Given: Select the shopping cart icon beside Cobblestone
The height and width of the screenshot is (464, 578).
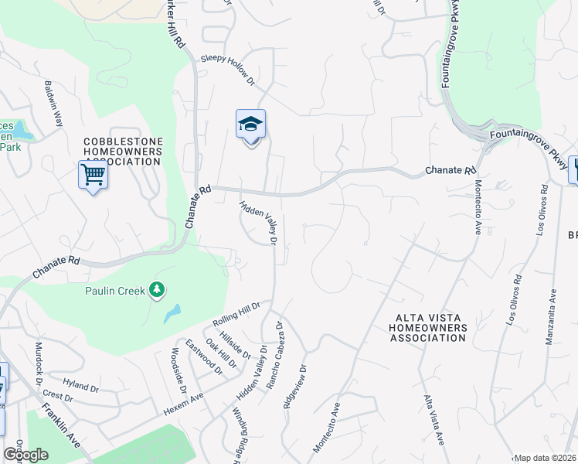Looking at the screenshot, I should (93, 175).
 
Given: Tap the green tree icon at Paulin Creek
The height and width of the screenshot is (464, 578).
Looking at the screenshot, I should (158, 290).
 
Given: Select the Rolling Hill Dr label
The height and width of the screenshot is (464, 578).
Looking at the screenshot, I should (238, 316).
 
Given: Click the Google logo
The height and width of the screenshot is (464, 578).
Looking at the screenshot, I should (25, 454).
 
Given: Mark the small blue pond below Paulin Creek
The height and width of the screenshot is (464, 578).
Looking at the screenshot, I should (172, 313).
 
